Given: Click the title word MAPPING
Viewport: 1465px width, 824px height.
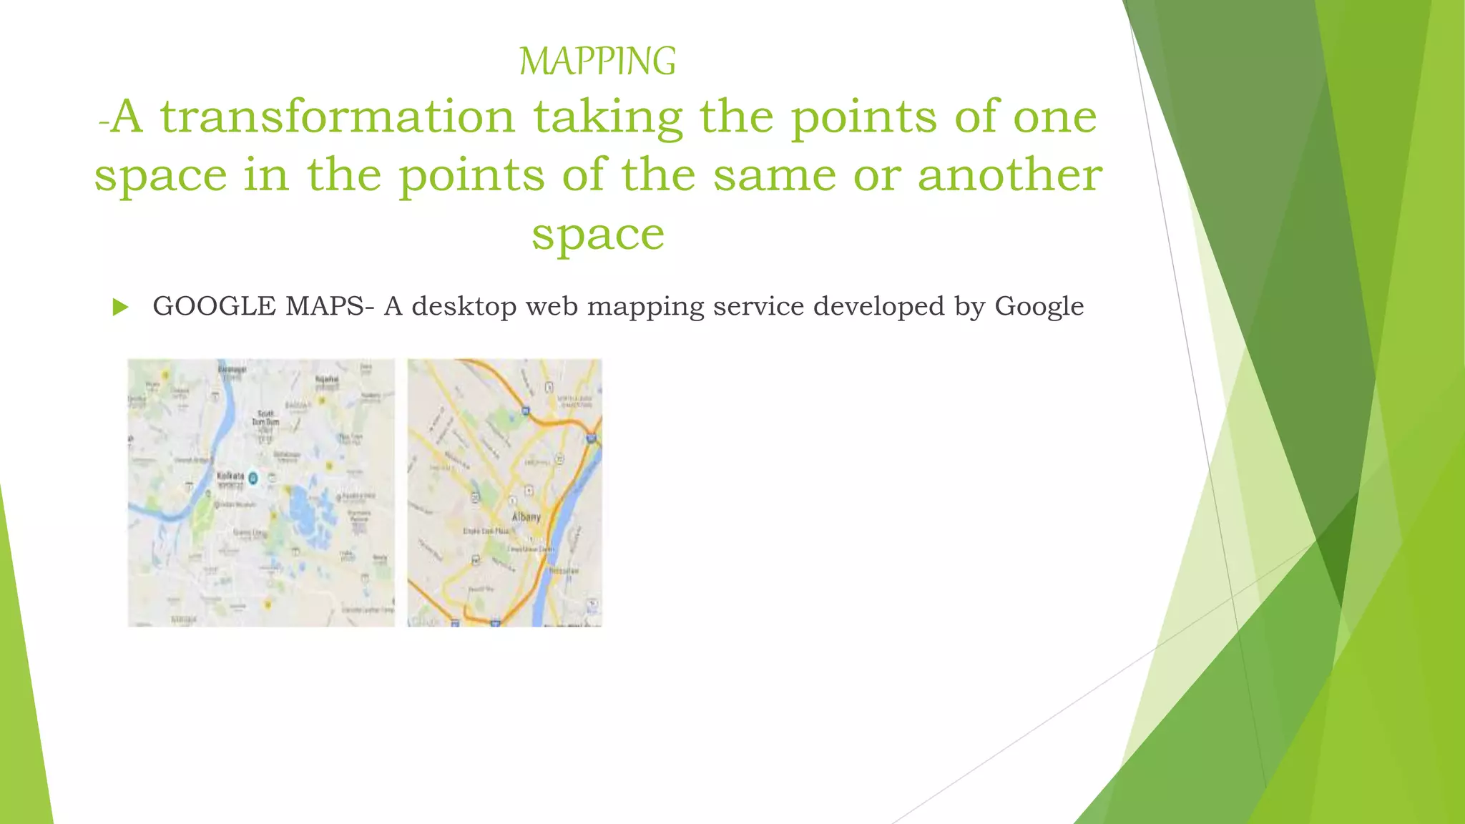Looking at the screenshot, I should (x=597, y=62).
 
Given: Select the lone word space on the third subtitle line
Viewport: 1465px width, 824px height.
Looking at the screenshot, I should (x=598, y=235).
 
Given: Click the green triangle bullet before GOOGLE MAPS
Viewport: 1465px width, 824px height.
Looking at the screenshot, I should (x=120, y=308).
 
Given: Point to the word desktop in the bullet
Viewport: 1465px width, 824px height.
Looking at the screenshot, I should (x=464, y=307).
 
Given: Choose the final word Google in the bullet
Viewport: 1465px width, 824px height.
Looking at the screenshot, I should (x=1039, y=307).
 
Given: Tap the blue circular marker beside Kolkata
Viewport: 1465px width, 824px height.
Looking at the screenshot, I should (x=253, y=477).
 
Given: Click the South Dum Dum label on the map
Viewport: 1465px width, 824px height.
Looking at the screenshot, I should (x=265, y=418).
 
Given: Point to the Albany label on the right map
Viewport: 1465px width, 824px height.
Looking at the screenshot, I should (x=526, y=517).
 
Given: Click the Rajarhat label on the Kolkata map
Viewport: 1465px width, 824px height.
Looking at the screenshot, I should (x=327, y=380).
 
